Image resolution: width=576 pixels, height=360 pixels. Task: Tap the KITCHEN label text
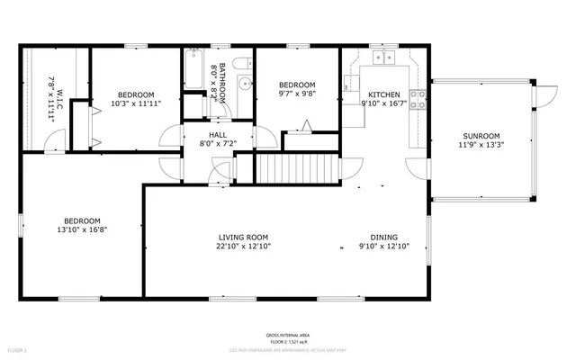point(384,94)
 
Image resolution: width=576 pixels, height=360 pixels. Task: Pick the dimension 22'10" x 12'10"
point(243,246)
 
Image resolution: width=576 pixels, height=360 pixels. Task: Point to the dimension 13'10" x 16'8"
point(81,229)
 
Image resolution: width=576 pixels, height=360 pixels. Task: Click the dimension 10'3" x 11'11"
point(136,103)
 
